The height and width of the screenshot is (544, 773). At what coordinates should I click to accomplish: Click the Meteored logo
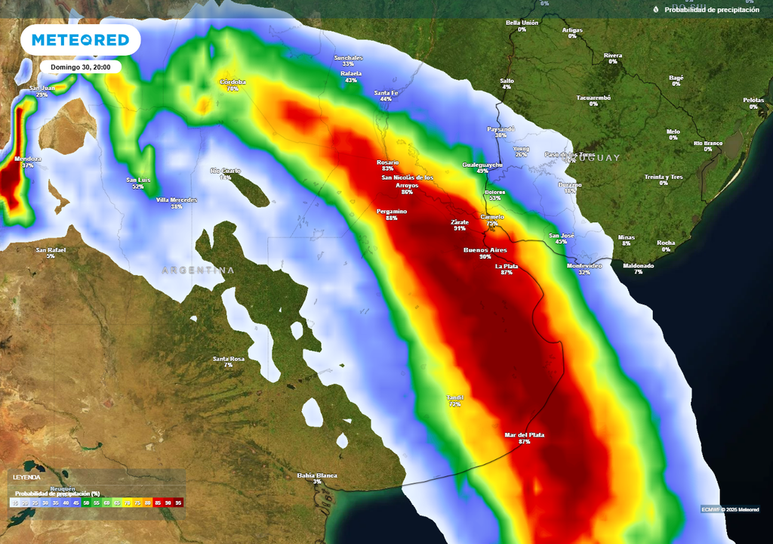click(80, 39)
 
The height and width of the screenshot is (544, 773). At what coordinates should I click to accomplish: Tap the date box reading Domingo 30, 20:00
click(81, 67)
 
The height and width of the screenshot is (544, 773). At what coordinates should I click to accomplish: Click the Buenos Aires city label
click(485, 250)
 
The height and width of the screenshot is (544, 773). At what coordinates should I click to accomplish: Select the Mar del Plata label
click(525, 436)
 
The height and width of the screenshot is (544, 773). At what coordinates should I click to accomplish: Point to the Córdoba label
click(233, 82)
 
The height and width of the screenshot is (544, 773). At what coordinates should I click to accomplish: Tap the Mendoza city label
click(28, 160)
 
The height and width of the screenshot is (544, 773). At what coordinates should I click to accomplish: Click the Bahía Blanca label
click(317, 476)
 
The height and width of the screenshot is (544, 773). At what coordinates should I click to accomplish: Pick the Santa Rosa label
click(228, 360)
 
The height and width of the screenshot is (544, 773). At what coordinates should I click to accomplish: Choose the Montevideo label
click(584, 267)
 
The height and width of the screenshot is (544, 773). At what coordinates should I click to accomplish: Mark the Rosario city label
click(388, 163)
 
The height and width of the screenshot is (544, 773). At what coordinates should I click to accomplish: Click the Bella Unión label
click(522, 23)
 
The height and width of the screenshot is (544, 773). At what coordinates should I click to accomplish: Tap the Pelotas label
click(753, 101)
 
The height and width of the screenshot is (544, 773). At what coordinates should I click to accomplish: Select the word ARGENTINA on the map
click(198, 270)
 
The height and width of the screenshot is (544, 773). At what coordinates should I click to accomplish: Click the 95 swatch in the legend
click(178, 502)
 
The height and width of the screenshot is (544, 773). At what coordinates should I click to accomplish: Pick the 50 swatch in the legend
click(87, 502)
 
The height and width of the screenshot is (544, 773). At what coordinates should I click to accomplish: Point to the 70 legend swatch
click(128, 502)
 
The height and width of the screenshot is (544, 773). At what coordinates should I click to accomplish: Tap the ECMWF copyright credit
click(729, 508)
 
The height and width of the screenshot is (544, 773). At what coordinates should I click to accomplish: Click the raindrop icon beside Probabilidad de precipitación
click(656, 9)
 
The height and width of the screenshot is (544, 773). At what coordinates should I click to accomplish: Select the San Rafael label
click(51, 251)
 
